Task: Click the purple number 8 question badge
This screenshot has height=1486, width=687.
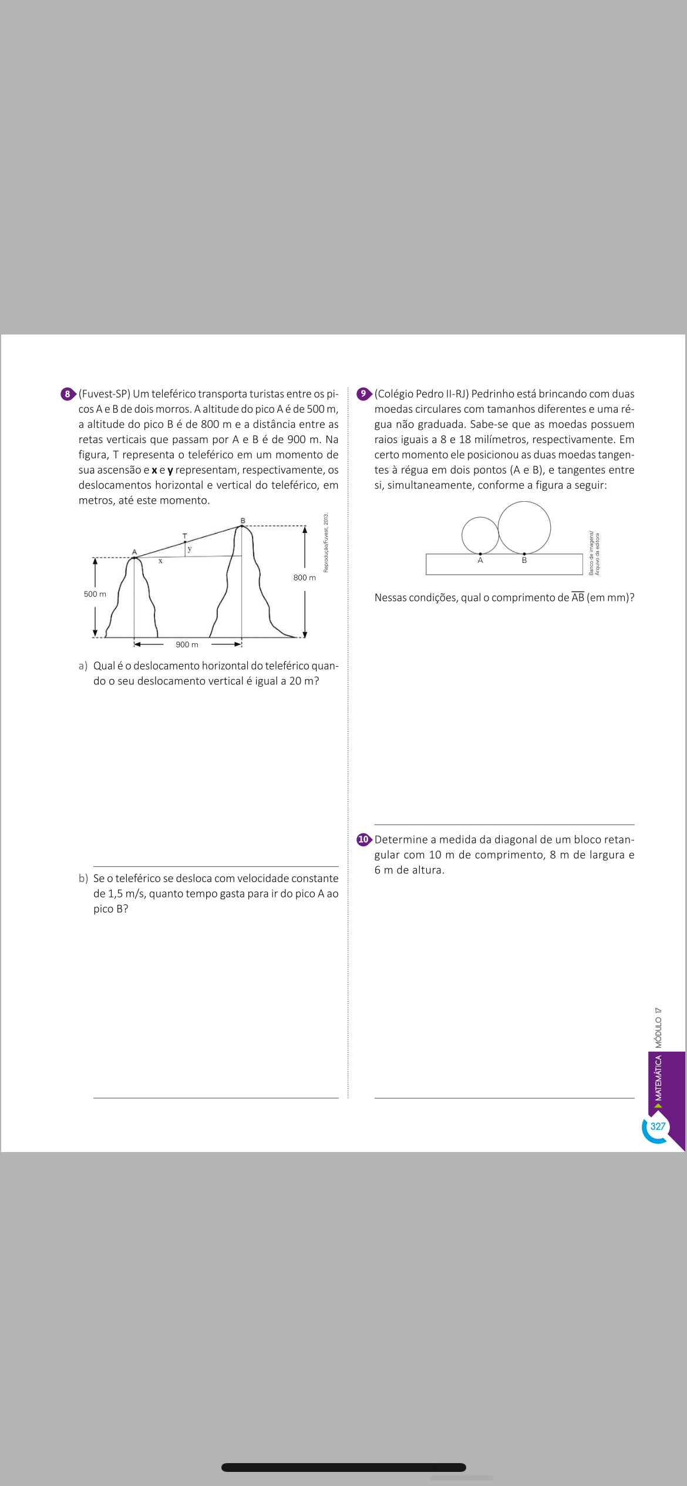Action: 68,394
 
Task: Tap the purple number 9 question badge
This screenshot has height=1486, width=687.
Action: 363,394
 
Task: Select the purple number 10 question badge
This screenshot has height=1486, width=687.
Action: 363,839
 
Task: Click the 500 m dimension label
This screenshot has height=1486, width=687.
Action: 95,594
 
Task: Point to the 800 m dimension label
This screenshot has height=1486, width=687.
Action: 304,577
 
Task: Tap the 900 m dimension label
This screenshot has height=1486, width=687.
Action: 187,644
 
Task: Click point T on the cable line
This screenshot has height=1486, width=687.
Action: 185,541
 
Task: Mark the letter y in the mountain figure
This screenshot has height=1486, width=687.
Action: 190,549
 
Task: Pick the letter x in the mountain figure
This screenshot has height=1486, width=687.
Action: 160,561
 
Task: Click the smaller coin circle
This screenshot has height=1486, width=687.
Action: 480,535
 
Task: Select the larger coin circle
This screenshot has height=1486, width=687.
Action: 524,528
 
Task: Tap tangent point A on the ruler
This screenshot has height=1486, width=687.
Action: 480,553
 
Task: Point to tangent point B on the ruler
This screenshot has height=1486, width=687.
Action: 524,553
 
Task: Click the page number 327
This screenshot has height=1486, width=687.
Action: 658,1126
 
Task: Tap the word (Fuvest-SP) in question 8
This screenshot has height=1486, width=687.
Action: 105,394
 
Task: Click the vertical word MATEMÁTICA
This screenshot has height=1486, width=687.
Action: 659,1078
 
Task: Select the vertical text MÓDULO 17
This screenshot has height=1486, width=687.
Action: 659,1028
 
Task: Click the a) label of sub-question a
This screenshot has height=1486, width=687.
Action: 83,666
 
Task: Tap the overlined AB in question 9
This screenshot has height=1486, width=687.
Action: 578,597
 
